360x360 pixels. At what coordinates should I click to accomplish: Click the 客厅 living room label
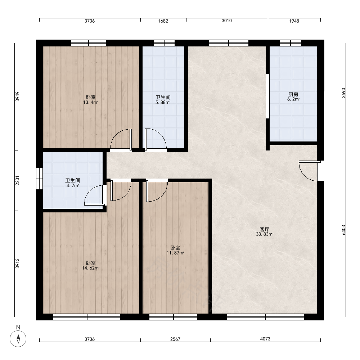tap(264, 229)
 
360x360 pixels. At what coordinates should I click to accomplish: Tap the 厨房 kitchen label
tap(293, 94)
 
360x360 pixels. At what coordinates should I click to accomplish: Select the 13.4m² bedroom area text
tap(90, 102)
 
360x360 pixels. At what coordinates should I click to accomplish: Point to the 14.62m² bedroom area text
tap(91, 268)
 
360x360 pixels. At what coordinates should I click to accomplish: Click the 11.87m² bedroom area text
tap(175, 253)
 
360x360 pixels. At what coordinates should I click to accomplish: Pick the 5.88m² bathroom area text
tap(163, 102)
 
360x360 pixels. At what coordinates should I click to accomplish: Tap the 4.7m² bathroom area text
tap(73, 185)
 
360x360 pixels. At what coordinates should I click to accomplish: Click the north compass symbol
tap(18, 338)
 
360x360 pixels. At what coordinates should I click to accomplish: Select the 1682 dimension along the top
tap(163, 21)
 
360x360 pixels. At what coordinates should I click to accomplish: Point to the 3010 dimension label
tap(226, 21)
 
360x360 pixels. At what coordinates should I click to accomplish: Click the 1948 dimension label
tap(294, 21)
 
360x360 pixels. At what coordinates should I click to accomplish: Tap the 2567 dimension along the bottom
tap(175, 339)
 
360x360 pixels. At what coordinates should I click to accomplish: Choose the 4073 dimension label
tap(265, 339)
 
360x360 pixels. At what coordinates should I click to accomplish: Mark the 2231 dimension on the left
tap(17, 180)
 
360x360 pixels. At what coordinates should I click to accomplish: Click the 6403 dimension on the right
tap(343, 230)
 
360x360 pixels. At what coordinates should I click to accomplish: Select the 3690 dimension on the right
tap(343, 93)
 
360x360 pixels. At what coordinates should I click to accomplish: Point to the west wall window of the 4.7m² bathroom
tap(40, 179)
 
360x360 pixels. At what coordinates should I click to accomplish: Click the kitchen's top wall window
tap(291, 43)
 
